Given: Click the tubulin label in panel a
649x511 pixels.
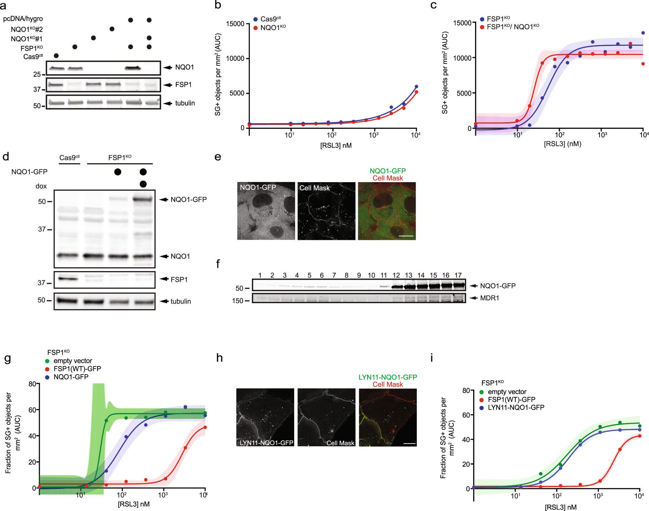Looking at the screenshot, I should (185, 103).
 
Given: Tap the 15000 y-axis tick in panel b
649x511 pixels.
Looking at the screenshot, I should (235, 24).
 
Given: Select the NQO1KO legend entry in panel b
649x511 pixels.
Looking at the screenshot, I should (273, 28).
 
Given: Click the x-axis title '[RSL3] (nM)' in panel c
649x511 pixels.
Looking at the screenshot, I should (562, 144).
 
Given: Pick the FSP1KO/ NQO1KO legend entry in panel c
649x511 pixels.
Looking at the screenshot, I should (512, 27).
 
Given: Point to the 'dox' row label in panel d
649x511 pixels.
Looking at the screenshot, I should (41, 186).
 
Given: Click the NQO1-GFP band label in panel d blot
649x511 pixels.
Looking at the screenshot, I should (188, 200).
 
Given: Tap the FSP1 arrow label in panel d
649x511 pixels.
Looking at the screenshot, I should (179, 279).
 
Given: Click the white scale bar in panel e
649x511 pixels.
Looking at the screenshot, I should (406, 236).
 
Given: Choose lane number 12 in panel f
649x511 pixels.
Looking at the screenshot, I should (396, 275).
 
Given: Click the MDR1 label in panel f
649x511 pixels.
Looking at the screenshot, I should (489, 298).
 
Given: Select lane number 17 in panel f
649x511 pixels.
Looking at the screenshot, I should (458, 275).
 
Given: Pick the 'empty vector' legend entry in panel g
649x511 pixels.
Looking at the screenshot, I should (73, 361).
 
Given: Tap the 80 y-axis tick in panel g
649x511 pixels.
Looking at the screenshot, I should (32, 384).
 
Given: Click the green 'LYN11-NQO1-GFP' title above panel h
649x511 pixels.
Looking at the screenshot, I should (388, 377).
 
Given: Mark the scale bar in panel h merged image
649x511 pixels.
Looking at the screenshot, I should (409, 443).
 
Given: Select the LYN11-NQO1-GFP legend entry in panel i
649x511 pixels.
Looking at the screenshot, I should (516, 407).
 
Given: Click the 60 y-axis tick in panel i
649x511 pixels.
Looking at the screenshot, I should (466, 415).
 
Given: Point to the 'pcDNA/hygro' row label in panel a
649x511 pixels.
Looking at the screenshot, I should (23, 19).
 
